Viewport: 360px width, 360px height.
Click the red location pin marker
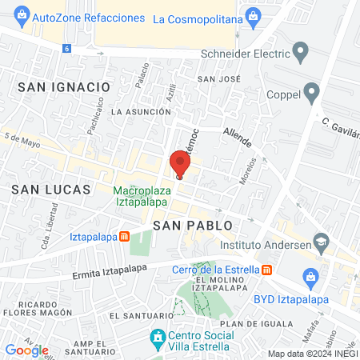179,164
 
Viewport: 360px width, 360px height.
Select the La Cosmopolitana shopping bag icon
254,15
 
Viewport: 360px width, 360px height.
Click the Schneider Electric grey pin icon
301,54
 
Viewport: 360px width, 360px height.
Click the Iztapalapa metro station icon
125,237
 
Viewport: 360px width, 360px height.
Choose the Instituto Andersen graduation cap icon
321,240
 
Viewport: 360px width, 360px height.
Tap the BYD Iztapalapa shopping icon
311,278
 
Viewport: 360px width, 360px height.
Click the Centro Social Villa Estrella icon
158,339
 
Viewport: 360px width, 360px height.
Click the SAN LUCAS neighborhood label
42,189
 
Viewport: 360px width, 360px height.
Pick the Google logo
26,350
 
